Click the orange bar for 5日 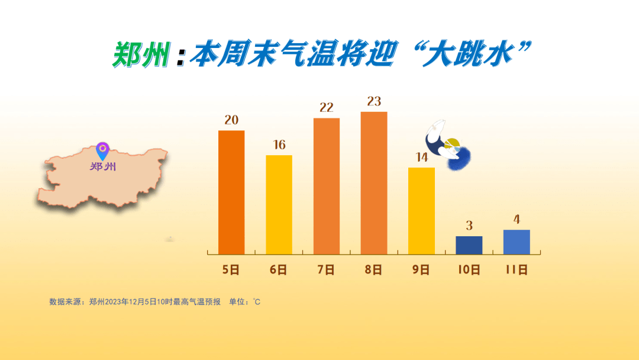click(x=231, y=192)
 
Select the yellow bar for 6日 click(x=279, y=205)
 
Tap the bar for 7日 click(x=327, y=187)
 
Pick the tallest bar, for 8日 click(x=374, y=183)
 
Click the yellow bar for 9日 click(x=421, y=211)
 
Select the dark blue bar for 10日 click(x=469, y=245)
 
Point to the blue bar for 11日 click(x=517, y=242)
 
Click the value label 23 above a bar click(x=374, y=101)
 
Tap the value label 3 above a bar click(x=469, y=226)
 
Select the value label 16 click(x=279, y=144)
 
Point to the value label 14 click(x=422, y=157)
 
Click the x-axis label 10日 click(x=469, y=270)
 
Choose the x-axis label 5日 click(x=231, y=270)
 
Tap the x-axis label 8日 click(x=374, y=270)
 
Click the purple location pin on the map click(x=103, y=150)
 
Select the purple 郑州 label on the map click(x=103, y=166)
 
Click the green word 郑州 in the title click(x=141, y=54)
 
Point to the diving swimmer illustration click(x=447, y=145)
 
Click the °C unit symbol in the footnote click(x=256, y=302)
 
